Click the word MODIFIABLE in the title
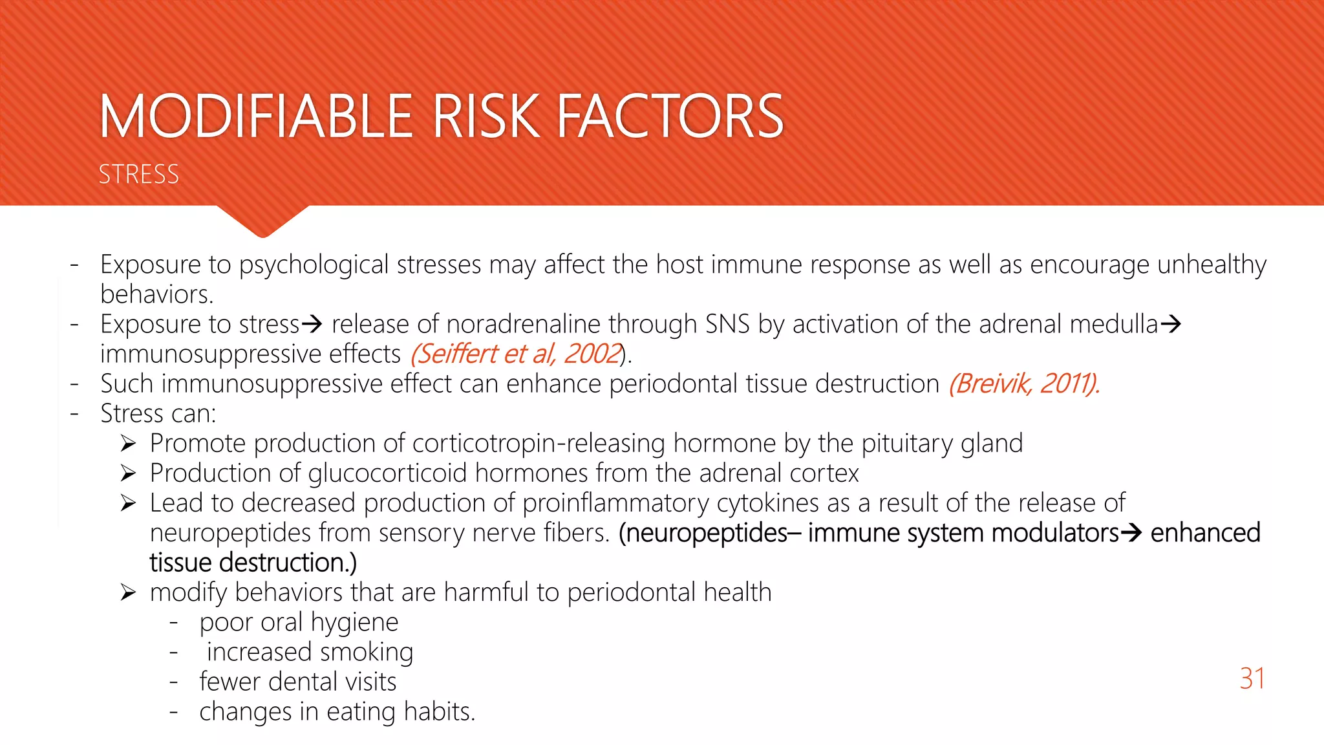tap(257, 116)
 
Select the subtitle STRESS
tap(138, 175)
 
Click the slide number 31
tap(1252, 678)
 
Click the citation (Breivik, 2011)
tap(1024, 383)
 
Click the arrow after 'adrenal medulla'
tap(1171, 323)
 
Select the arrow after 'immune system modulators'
tap(1131, 533)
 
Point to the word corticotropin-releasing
tap(539, 444)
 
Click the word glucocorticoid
tap(387, 473)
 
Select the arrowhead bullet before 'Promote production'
tap(128, 444)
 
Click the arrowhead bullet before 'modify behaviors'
tap(128, 592)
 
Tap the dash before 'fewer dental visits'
tap(173, 682)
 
